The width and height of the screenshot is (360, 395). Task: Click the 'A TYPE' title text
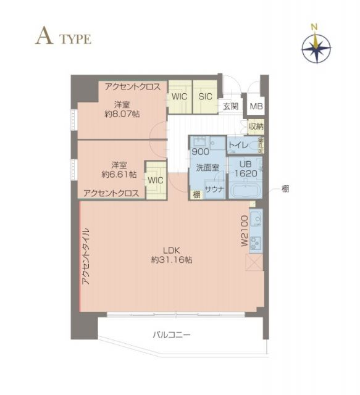click(63, 38)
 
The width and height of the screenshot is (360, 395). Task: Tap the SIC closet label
click(205, 97)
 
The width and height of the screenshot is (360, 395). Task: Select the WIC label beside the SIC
click(179, 97)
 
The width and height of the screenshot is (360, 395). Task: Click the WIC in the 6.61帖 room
click(155, 180)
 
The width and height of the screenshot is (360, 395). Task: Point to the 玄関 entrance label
click(230, 107)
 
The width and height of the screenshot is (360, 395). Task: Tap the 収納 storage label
click(256, 127)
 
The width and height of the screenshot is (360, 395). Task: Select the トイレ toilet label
click(238, 146)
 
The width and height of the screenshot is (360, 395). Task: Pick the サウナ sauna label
click(214, 190)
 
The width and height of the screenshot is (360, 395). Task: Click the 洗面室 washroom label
click(207, 167)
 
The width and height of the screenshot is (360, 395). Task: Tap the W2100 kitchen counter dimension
click(244, 232)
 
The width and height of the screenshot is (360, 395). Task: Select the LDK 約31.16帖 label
click(171, 255)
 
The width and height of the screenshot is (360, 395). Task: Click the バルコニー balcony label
click(172, 335)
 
